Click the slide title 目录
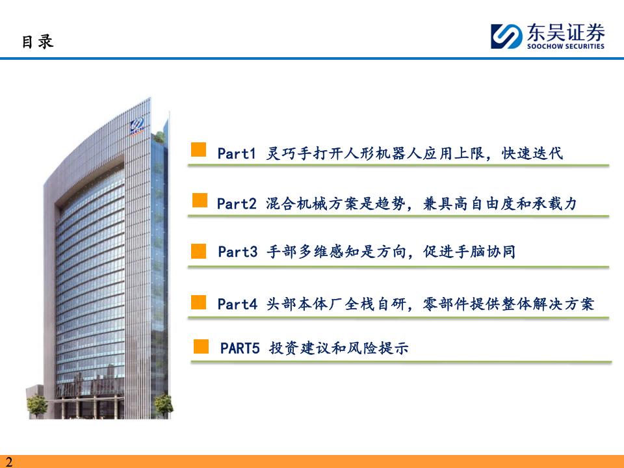[38, 42]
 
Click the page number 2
[8, 461]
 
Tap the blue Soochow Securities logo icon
[506, 36]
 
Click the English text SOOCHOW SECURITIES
[565, 46]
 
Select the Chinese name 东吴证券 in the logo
[565, 32]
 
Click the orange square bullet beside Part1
[199, 149]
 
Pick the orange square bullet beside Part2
[200, 200]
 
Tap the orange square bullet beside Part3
[199, 251]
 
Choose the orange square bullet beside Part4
[199, 302]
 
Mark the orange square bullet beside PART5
[201, 346]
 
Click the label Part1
[237, 153]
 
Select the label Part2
[237, 203]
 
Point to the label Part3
[238, 252]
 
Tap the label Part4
[237, 304]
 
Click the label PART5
[240, 348]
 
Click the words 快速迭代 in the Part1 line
[532, 153]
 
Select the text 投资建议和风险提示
[339, 348]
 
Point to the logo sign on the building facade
[137, 127]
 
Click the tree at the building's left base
[37, 406]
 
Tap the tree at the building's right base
[164, 406]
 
